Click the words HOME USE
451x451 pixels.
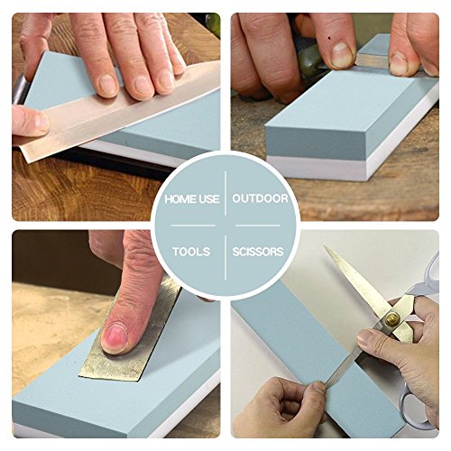192,199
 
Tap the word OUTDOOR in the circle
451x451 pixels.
260,198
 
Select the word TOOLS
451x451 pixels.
191,252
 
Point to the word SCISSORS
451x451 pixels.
258,252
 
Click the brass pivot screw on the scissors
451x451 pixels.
392,319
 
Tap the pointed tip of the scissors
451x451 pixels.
325,246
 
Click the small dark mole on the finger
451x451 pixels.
329,38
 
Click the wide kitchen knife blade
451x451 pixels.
120,111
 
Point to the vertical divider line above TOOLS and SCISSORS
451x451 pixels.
225,258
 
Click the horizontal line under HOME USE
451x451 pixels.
193,225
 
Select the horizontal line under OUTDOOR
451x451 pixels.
258,225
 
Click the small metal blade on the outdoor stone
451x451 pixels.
373,60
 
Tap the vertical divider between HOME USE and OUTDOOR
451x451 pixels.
225,193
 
